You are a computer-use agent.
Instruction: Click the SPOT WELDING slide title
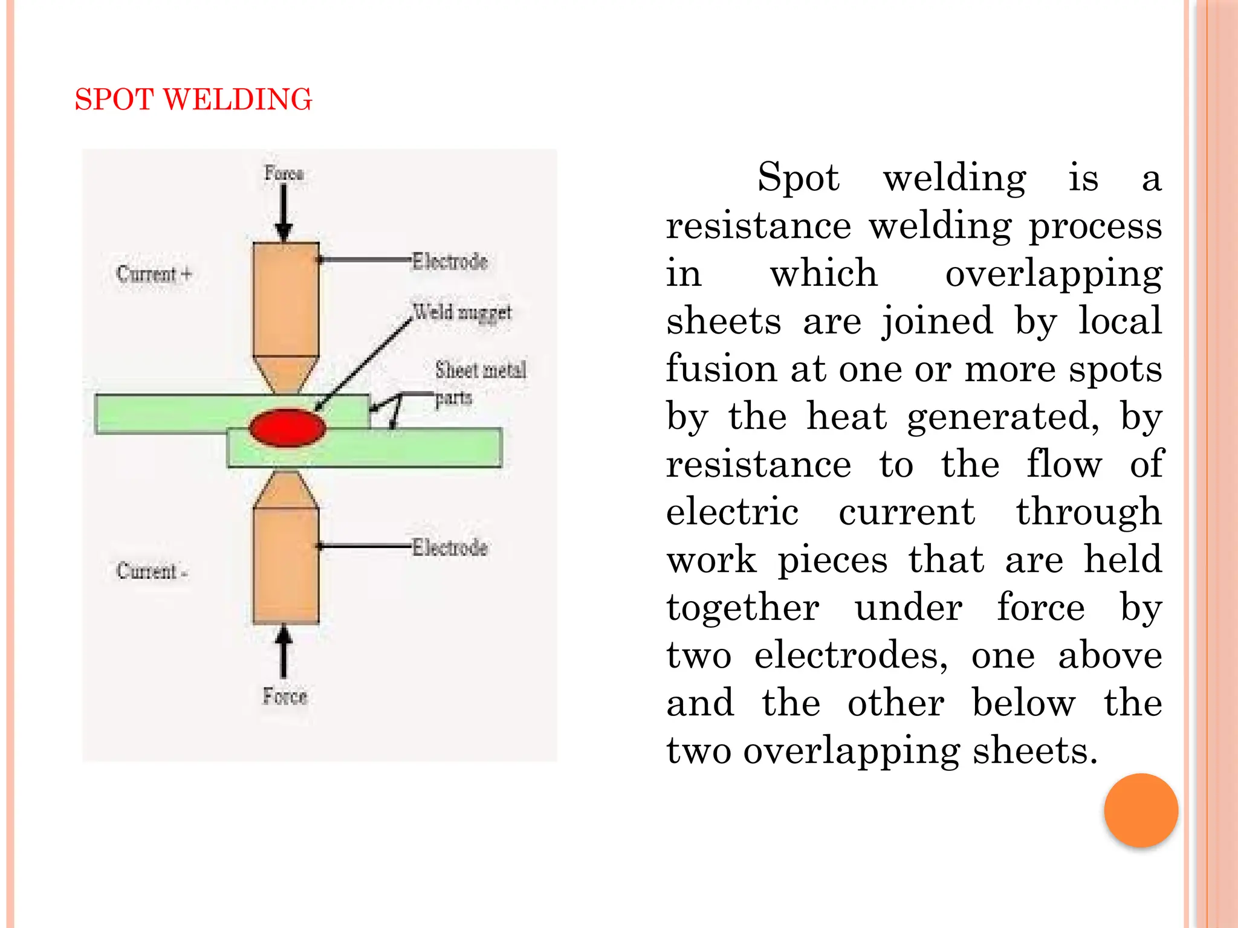pos(193,100)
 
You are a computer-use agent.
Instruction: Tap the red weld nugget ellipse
pos(288,428)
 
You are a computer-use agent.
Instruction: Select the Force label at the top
pos(284,173)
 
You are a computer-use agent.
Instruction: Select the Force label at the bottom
pos(285,696)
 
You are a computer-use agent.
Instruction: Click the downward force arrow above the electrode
pos(284,211)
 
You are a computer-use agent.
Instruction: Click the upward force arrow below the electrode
pos(284,652)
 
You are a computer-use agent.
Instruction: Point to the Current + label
pos(154,274)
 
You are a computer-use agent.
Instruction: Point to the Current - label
pos(152,571)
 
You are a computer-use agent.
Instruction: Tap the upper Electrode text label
pos(450,262)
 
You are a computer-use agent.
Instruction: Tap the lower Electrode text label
pos(450,547)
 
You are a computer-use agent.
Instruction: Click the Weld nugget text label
pos(462,313)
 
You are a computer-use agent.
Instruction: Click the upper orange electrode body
pos(286,299)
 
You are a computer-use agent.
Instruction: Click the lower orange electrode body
pos(286,565)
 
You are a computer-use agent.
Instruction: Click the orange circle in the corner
pos(1141,810)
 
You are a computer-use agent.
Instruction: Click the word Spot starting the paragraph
pos(798,178)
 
